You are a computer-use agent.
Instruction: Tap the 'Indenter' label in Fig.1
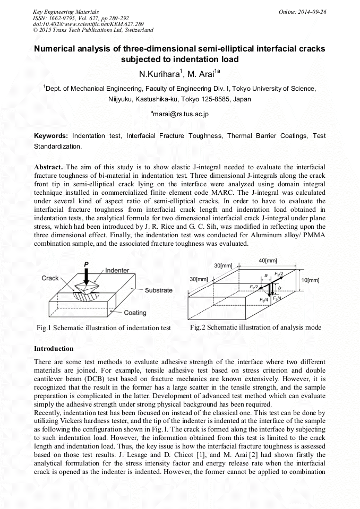[117, 270]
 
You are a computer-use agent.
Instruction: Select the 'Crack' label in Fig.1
[50, 278]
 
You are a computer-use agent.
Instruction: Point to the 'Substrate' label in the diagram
[158, 290]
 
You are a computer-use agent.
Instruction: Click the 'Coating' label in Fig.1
[135, 313]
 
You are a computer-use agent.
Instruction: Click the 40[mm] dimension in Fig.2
[268, 260]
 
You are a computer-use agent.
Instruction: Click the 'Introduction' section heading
[54, 349]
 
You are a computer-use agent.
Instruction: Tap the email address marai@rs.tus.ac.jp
[180, 114]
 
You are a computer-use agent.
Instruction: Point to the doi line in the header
[81, 24]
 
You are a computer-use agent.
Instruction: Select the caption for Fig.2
[255, 327]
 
